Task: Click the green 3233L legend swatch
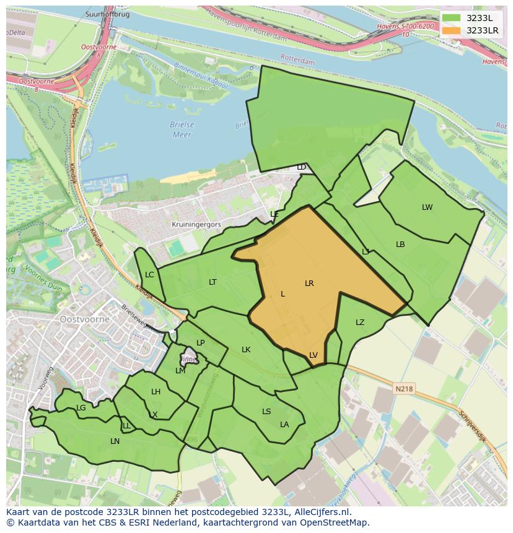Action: [452, 18]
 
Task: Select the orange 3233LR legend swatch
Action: [452, 30]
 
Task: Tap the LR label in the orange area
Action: [309, 284]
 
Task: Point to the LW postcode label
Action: [427, 207]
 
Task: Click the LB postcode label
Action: [400, 245]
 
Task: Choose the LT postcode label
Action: [213, 282]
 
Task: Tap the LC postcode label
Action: [149, 275]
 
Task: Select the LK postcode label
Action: [246, 350]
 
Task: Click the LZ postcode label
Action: [360, 323]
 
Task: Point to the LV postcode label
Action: [313, 355]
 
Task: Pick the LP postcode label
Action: [200, 343]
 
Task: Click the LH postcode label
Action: [156, 392]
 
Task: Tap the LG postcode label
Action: [81, 408]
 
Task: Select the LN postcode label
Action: [115, 441]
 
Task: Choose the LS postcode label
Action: [266, 412]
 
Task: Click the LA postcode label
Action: [284, 425]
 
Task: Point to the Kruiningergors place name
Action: [196, 225]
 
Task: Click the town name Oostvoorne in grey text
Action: [85, 319]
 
